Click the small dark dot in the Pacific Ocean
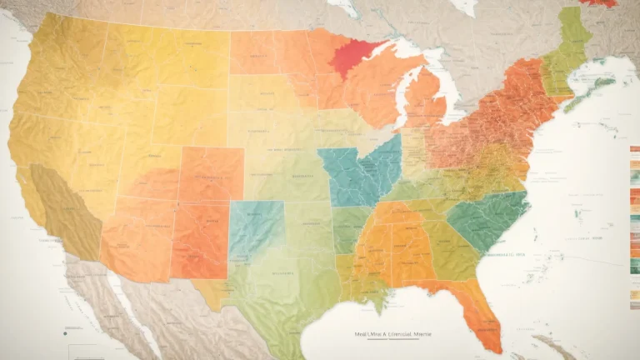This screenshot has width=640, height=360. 63,332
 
